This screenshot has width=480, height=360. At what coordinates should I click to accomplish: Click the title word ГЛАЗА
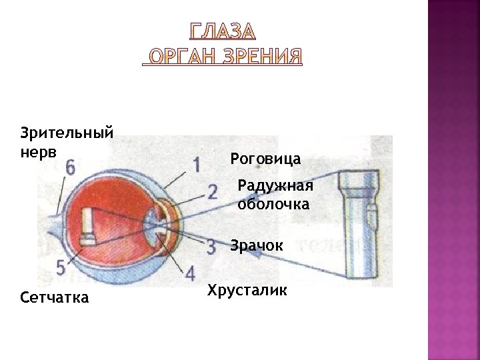[223, 32]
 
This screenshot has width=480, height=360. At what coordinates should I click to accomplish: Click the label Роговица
[265, 159]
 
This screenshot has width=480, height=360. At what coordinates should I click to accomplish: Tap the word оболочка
[273, 204]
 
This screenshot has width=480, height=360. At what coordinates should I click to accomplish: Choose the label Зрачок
[257, 245]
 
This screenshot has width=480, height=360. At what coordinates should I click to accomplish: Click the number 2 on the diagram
[212, 192]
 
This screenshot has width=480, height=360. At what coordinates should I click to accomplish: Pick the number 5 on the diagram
[61, 267]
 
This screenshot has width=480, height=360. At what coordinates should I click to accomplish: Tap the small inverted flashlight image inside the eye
[87, 227]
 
